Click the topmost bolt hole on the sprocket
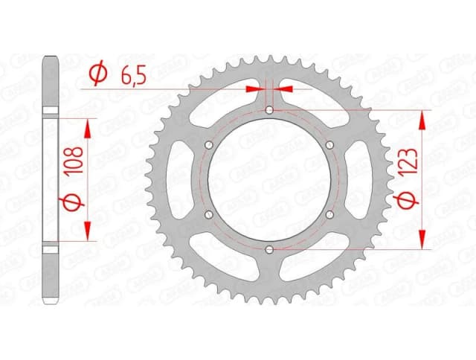tap(268, 110)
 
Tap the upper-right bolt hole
tap(329, 145)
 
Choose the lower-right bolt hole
tap(329, 214)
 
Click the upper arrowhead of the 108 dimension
tap(89, 128)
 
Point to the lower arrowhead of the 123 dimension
tap(424, 239)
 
